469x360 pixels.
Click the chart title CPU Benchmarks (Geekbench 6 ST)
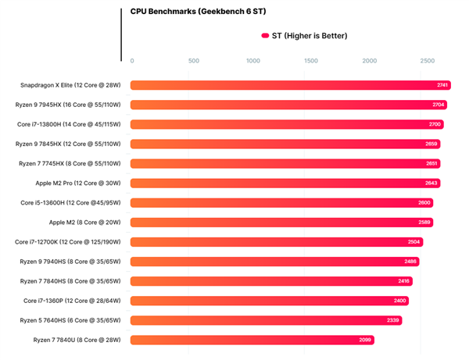click(193, 12)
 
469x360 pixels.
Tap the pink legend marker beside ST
click(265, 36)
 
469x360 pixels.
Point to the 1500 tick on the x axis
click(311, 61)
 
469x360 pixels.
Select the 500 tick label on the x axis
click(194, 61)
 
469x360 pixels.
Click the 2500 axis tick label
click(428, 61)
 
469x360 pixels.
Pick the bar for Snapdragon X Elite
click(289, 85)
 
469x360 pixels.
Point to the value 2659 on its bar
click(431, 144)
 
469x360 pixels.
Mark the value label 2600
click(424, 202)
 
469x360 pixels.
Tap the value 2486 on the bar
click(411, 261)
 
